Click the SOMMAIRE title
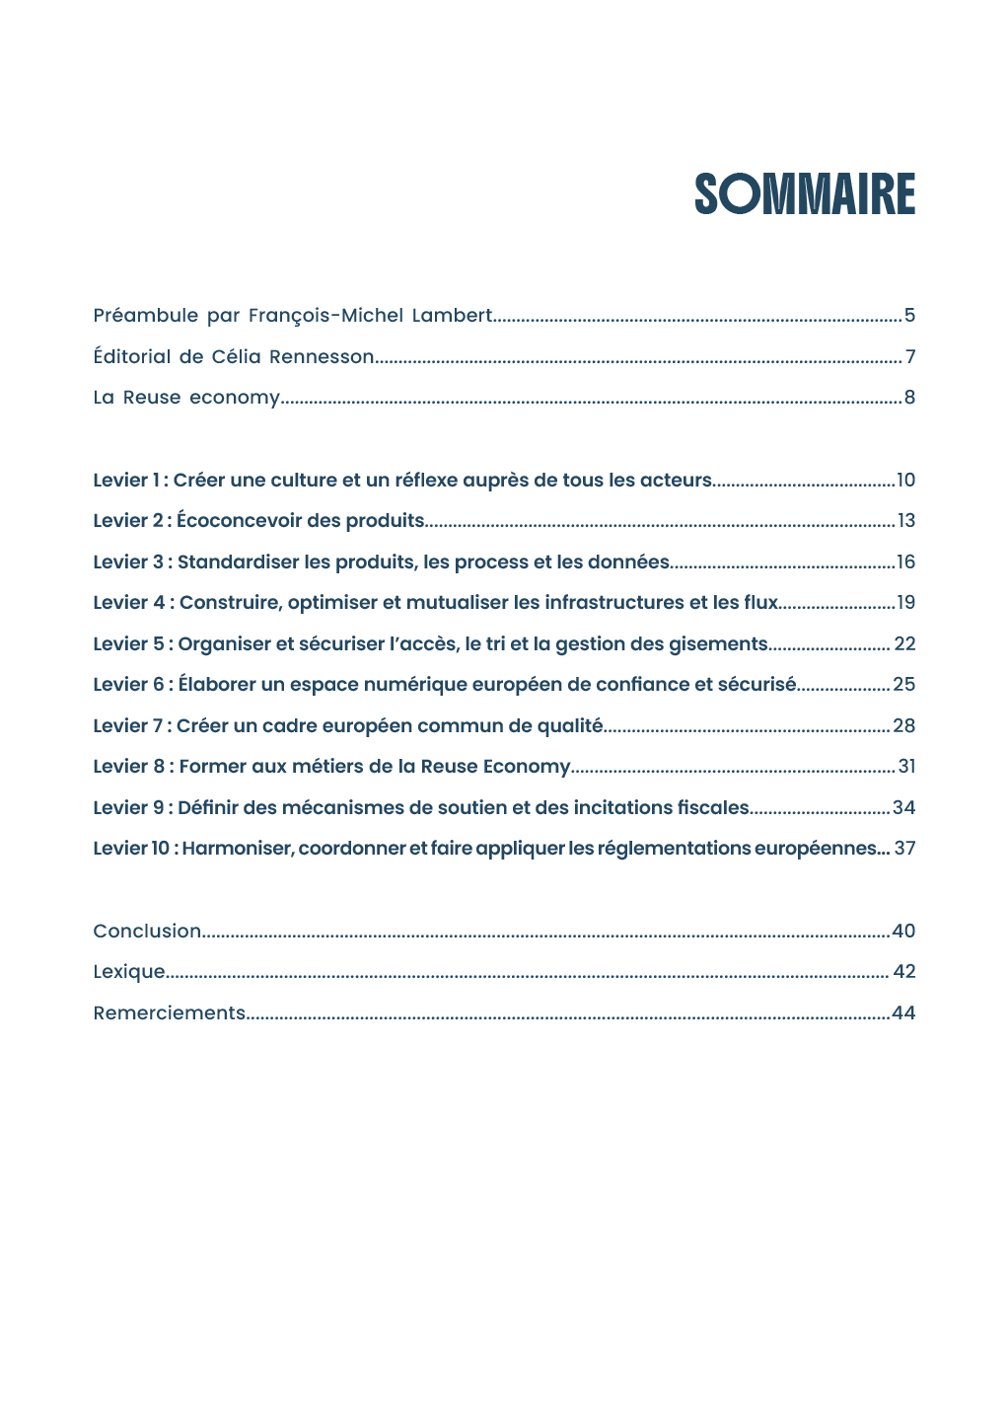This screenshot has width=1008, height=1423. click(x=805, y=194)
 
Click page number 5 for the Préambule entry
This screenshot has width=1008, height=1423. click(x=909, y=316)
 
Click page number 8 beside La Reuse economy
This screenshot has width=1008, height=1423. click(x=909, y=398)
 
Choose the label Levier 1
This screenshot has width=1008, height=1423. click(x=126, y=481)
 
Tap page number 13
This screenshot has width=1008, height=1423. click(x=905, y=521)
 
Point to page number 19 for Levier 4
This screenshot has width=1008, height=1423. click(x=905, y=603)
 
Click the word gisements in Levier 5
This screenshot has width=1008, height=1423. click(x=718, y=644)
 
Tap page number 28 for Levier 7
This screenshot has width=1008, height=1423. click(x=903, y=726)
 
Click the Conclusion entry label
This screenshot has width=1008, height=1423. click(x=147, y=932)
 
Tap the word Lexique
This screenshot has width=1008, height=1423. click(x=129, y=972)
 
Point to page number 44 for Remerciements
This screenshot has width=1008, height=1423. click(x=903, y=1013)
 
